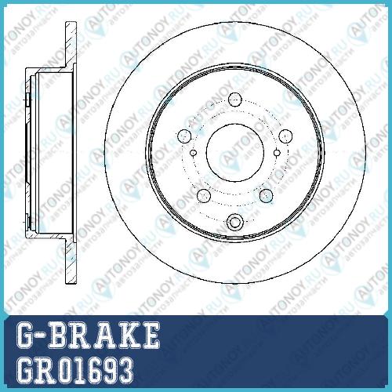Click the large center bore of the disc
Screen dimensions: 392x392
(235, 152)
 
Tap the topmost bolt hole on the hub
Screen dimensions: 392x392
(235, 100)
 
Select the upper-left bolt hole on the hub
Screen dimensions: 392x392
(184, 136)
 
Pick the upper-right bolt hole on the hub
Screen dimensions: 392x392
(285, 136)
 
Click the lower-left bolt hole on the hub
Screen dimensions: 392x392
(204, 196)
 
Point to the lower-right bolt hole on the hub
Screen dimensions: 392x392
(267, 196)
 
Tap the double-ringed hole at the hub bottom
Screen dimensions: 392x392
(235, 223)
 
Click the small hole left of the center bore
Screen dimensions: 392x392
(194, 153)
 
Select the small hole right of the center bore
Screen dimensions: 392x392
(277, 153)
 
